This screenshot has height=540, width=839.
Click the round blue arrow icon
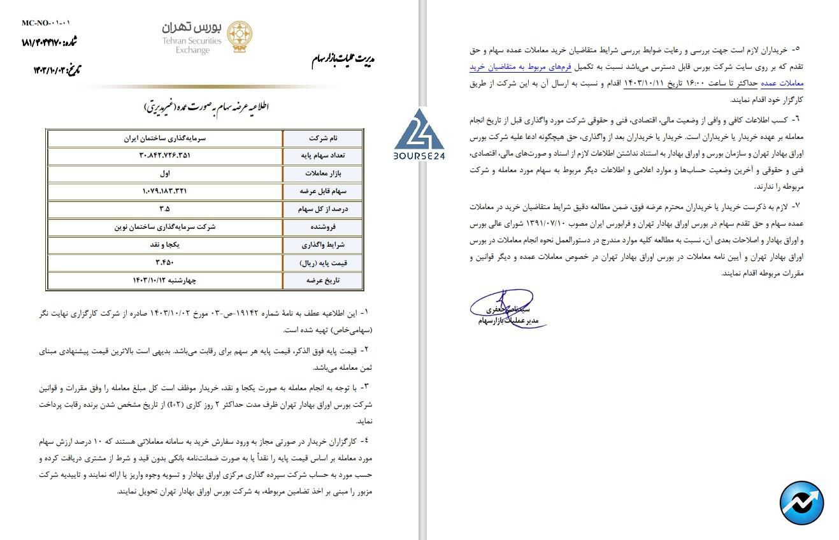(x=801, y=503)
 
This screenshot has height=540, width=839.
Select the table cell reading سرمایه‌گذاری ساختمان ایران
(x=166, y=138)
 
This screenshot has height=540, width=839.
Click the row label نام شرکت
(x=323, y=138)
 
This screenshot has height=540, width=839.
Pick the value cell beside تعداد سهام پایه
(x=166, y=156)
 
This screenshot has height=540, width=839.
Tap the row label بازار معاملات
(x=323, y=173)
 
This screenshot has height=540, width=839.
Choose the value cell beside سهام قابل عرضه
(x=166, y=191)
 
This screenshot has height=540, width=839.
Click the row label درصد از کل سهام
(x=323, y=209)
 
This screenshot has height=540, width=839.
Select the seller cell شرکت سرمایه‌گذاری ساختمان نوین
(x=166, y=227)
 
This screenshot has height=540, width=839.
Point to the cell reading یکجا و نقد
(x=166, y=245)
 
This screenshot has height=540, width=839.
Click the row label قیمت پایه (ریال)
(x=323, y=263)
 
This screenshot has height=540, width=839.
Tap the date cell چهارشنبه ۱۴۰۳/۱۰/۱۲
(x=166, y=281)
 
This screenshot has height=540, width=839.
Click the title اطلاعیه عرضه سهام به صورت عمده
(x=205, y=107)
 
